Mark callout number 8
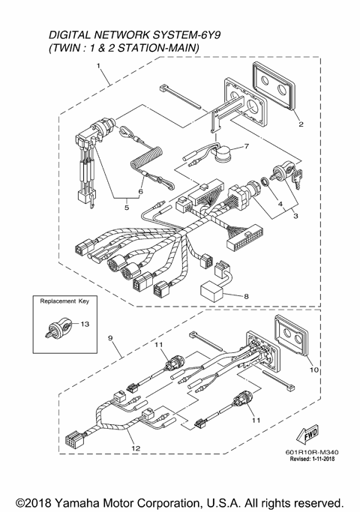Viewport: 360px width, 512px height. click(244, 296)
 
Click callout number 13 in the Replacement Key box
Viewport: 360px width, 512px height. click(85, 323)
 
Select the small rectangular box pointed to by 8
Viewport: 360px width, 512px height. click(212, 293)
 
